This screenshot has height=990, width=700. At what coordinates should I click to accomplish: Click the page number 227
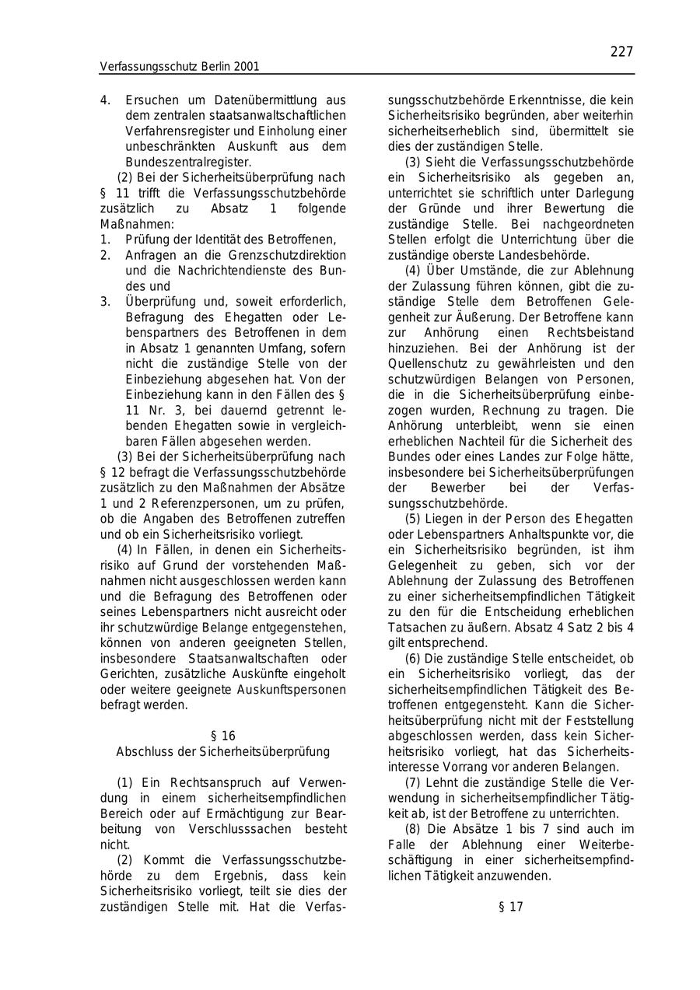(x=621, y=51)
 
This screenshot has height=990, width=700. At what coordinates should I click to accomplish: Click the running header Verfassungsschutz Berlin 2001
(x=179, y=67)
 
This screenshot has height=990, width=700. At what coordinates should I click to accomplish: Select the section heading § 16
(x=223, y=736)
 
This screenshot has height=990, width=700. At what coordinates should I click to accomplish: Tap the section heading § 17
(x=510, y=907)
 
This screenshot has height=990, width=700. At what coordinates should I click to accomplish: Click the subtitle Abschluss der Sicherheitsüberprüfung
(x=223, y=751)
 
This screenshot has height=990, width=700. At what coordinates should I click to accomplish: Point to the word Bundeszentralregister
(x=187, y=162)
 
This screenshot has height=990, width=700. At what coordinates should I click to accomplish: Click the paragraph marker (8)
(x=415, y=829)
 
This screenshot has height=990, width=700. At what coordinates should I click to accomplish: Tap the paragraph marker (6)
(x=415, y=658)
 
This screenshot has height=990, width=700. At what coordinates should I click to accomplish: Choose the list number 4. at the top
(x=105, y=100)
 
